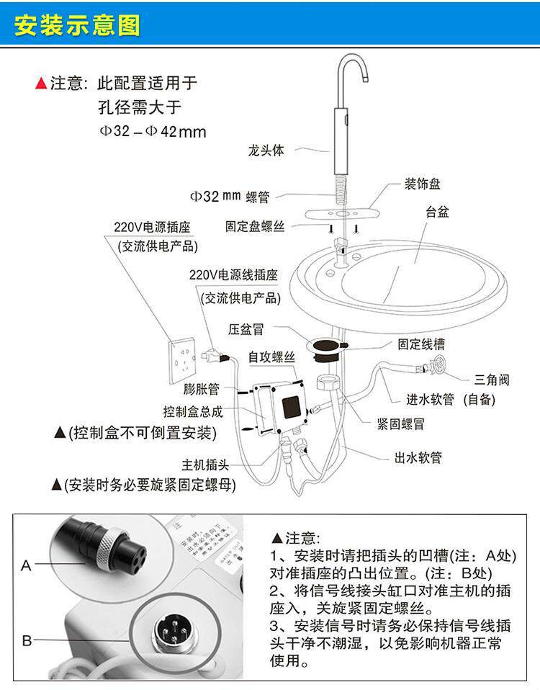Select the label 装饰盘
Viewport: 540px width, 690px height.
pos(422,184)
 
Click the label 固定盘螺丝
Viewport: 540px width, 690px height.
pos(255,226)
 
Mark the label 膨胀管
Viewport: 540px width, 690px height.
pos(200,390)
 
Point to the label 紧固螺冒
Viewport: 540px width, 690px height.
pos(399,424)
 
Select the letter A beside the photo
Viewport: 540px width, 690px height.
pos(27,566)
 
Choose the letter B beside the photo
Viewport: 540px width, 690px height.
pos(27,640)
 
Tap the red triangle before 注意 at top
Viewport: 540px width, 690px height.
pos(41,84)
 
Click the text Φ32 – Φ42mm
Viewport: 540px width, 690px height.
pos(152,132)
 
